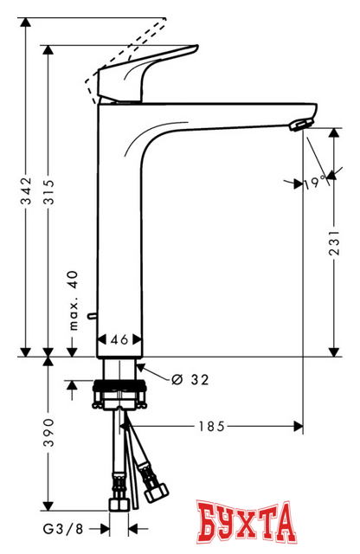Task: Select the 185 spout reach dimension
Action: click(x=212, y=426)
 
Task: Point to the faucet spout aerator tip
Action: click(x=297, y=126)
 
